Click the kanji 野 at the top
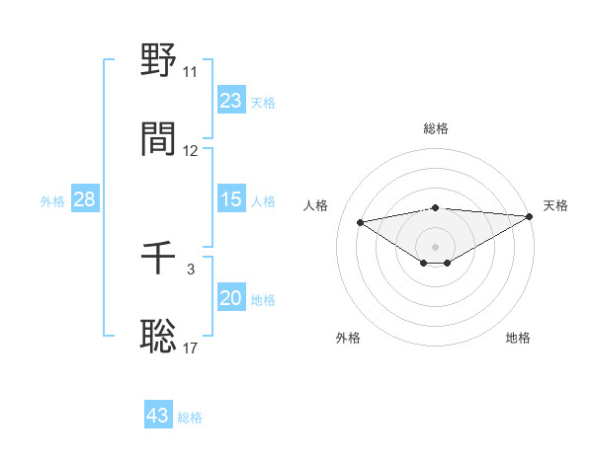point(158,61)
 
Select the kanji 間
point(158,139)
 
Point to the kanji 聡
point(158,337)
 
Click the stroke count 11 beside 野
point(190,72)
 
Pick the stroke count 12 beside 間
point(191,151)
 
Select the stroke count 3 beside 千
point(191,270)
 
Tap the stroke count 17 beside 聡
point(191,348)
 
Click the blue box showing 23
point(231,101)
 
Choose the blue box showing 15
point(231,199)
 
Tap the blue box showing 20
point(231,298)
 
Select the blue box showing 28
point(85,199)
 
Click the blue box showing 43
point(158,416)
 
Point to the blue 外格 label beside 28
point(52,201)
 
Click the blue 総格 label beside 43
point(190,418)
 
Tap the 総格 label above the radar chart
point(436,128)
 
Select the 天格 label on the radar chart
point(555,205)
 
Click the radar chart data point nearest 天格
point(529,216)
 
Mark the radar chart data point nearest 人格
point(360,221)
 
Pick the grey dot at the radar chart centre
point(436,246)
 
